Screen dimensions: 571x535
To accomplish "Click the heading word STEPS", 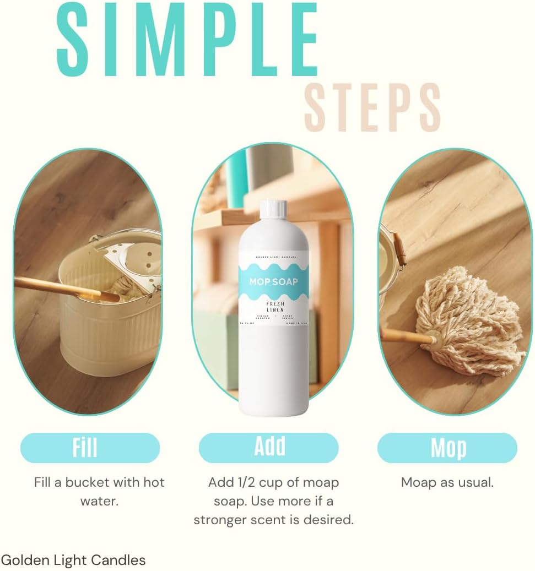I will point(372,107).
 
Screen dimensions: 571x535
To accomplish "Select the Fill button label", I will point(85,448).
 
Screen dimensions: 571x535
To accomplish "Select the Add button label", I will point(269,447).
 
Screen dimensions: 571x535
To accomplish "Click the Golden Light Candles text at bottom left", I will point(73,561).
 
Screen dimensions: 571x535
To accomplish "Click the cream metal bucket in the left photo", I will point(105,330).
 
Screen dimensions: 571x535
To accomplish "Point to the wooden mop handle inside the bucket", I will point(61,288).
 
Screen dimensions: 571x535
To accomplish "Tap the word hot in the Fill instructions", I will point(153,482).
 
